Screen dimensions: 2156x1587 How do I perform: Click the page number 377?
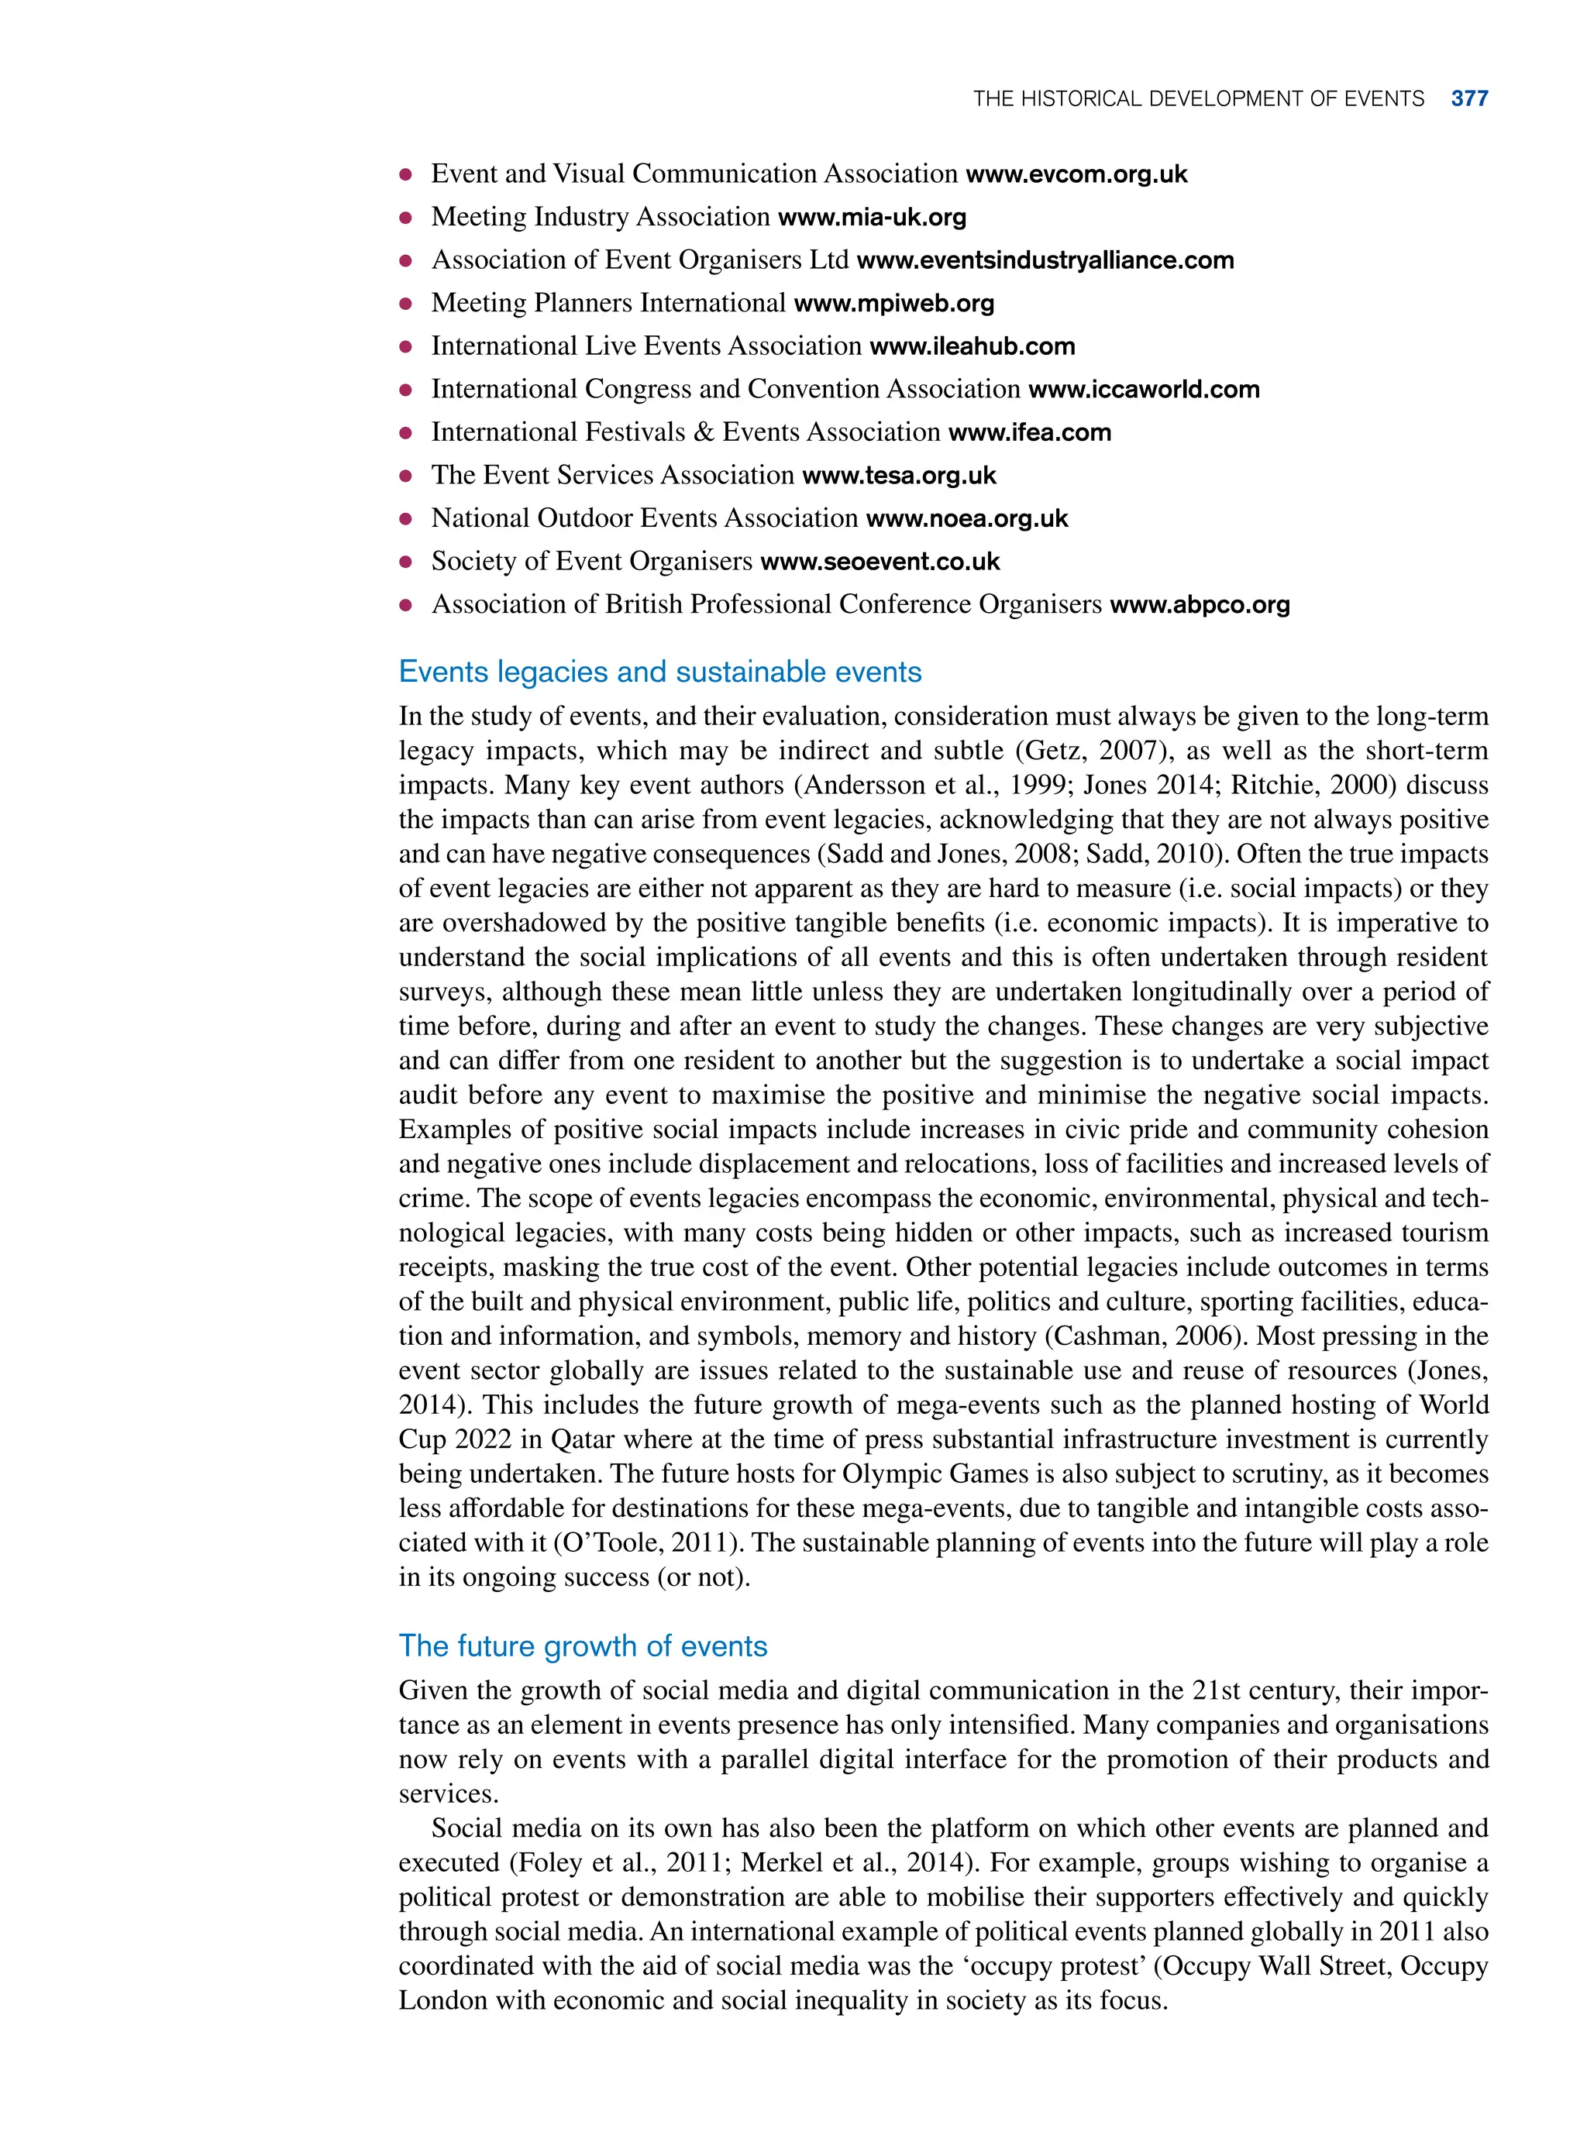[1469, 99]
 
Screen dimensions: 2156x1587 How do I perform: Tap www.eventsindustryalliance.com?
[1045, 261]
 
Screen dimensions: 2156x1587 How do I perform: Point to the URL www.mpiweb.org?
[893, 304]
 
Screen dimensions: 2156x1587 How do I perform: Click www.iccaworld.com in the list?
[1143, 390]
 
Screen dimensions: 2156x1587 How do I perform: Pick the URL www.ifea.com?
[1029, 433]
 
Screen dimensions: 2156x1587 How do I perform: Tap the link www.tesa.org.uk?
[898, 476]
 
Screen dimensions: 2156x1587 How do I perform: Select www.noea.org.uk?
[966, 520]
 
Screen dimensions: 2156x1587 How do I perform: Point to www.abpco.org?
[1199, 605]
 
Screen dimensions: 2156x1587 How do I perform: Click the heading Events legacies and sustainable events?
[660, 672]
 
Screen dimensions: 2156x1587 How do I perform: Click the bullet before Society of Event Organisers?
[405, 562]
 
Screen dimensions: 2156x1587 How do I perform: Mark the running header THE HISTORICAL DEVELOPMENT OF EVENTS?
[1198, 99]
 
